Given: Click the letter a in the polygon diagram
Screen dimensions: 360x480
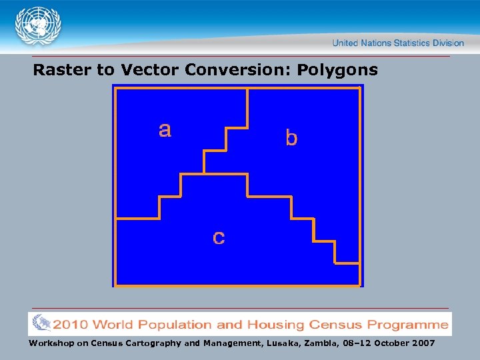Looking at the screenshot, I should pos(165,129).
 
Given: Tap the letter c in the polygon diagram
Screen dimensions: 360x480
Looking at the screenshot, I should pos(219,237).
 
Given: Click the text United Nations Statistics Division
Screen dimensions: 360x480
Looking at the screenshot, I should pos(398,43).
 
